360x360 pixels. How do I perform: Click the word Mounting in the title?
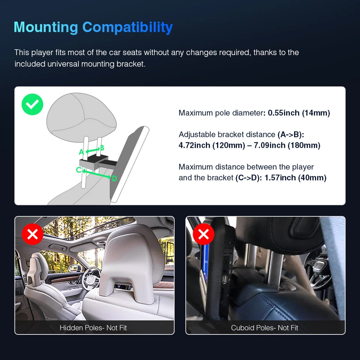click(45, 27)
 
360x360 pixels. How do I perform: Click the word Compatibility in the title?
click(127, 27)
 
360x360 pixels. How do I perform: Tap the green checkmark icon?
click(32, 104)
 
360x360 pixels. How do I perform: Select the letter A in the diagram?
click(81, 152)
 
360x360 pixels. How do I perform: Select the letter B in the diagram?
click(102, 148)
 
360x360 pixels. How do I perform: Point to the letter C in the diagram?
click(78, 169)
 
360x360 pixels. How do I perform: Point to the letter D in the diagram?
click(114, 178)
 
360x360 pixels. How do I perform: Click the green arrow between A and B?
click(92, 150)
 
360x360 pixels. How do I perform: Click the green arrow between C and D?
click(96, 174)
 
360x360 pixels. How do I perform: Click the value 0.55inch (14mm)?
click(299, 113)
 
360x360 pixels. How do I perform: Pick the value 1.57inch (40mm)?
click(295, 177)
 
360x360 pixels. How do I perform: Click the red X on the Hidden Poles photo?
click(33, 234)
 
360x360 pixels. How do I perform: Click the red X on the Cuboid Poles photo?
click(203, 234)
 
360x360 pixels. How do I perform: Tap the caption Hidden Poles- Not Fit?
click(93, 328)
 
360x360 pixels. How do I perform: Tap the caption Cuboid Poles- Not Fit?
click(264, 328)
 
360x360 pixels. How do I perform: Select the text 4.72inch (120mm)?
click(211, 145)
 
